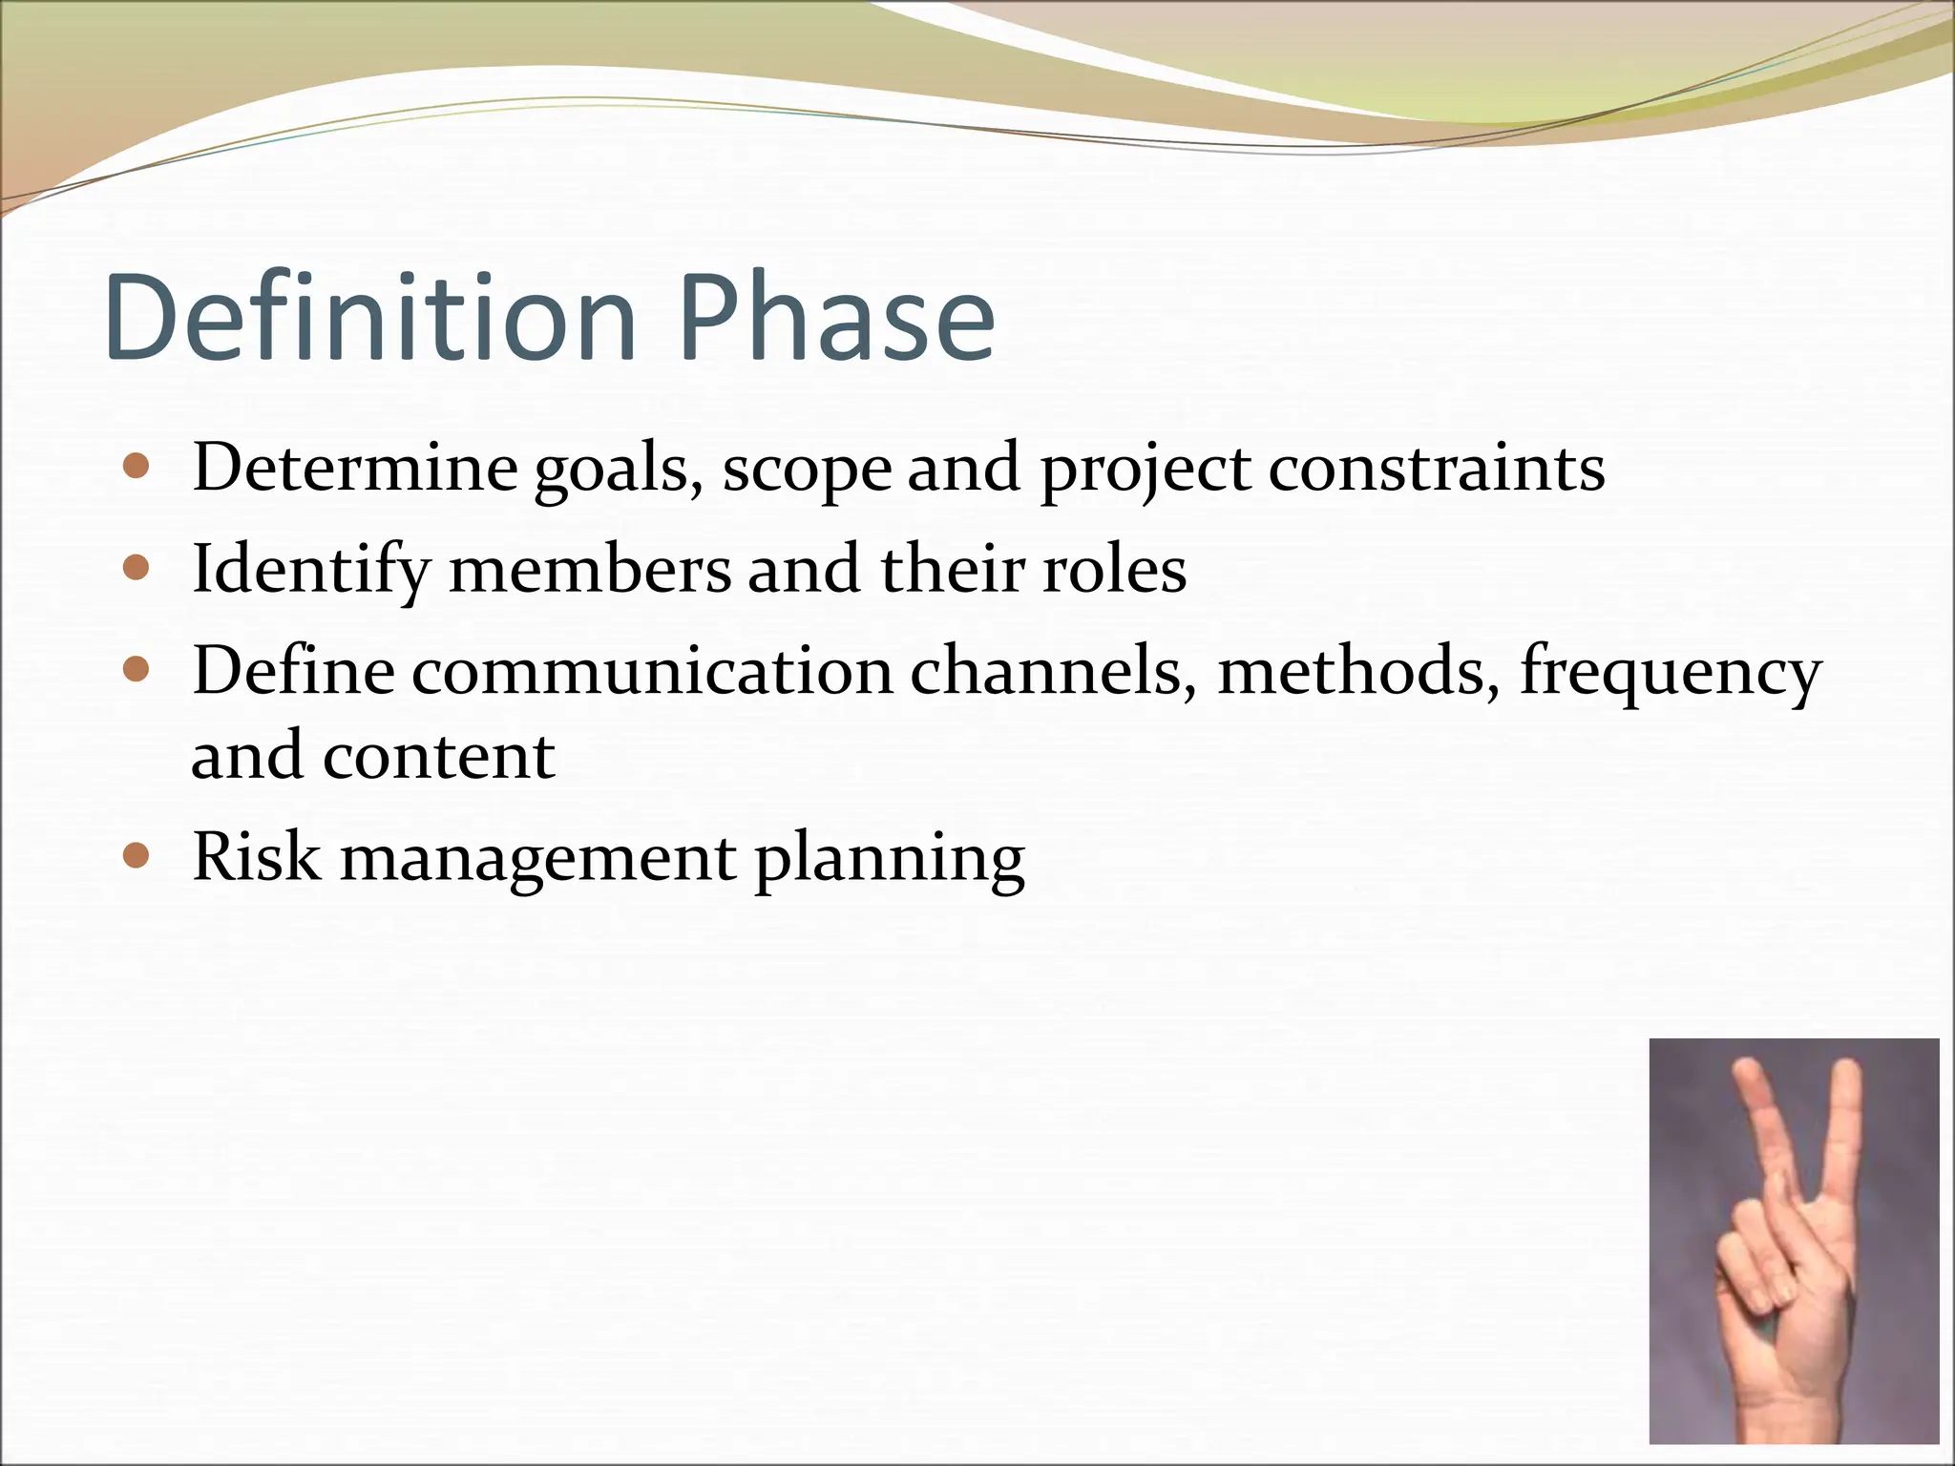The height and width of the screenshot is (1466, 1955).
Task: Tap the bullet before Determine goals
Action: point(137,468)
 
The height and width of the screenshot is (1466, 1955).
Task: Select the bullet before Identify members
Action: point(137,569)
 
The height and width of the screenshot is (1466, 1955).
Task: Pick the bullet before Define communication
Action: point(137,670)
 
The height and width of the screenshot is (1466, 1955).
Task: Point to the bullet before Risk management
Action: point(137,855)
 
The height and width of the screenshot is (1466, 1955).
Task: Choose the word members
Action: point(590,571)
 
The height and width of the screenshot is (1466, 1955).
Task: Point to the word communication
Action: point(652,672)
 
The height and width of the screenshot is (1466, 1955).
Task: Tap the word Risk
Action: point(256,857)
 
